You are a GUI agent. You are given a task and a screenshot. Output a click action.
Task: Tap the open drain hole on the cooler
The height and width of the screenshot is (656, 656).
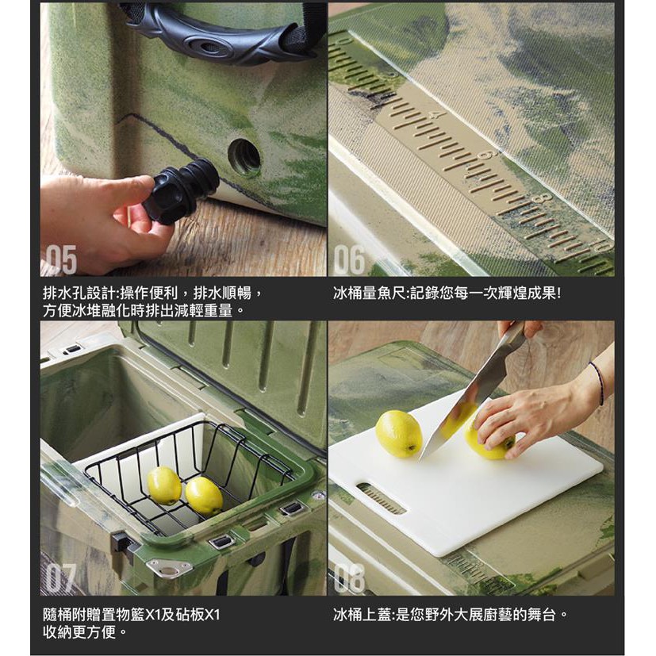244,157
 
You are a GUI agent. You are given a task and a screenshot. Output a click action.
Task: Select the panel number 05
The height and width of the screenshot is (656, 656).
62,259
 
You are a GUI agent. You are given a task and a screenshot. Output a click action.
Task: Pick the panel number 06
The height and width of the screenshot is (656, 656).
349,259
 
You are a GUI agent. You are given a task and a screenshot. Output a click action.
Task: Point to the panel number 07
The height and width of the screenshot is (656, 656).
61,577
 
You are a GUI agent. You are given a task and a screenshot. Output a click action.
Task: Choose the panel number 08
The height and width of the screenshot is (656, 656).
349,577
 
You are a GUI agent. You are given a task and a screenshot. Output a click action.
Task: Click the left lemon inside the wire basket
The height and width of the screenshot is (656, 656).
164,485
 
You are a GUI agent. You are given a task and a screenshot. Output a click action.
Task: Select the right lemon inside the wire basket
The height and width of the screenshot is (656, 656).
204,497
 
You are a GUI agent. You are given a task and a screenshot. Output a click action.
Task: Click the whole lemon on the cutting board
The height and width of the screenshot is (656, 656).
399,434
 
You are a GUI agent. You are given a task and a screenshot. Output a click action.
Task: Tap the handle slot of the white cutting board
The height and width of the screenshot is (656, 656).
381,498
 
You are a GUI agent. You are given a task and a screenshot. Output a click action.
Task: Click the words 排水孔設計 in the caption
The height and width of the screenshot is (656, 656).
79,293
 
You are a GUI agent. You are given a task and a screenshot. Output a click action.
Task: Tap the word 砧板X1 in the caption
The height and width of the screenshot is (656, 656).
197,615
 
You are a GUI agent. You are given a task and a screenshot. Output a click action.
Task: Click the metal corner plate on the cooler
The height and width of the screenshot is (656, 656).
169,569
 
